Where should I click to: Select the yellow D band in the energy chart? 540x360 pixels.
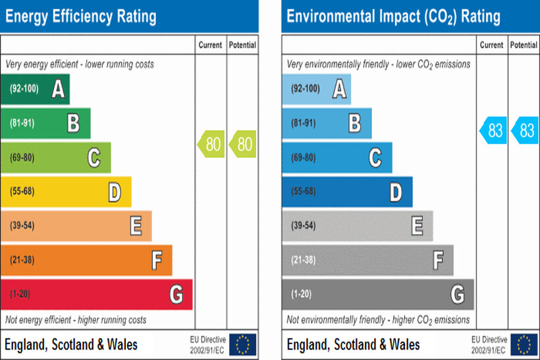pyautogui.click(x=66, y=192)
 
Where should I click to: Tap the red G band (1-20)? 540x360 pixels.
pyautogui.click(x=96, y=294)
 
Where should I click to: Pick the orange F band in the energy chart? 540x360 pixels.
pyautogui.click(x=86, y=260)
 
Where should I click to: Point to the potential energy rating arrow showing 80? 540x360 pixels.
pyautogui.click(x=243, y=143)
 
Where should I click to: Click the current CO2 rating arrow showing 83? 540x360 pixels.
pyautogui.click(x=493, y=130)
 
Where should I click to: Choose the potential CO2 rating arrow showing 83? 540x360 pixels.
pyautogui.click(x=524, y=130)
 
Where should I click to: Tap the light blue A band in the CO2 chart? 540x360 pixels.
pyautogui.click(x=316, y=89)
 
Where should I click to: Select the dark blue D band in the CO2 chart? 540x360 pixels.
pyautogui.click(x=347, y=192)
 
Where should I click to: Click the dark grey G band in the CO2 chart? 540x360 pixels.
pyautogui.click(x=378, y=294)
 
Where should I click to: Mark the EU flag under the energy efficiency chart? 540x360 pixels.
pyautogui.click(x=243, y=344)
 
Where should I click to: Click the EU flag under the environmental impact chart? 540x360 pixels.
pyautogui.click(x=524, y=344)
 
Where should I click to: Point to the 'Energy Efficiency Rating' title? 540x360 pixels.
pyautogui.click(x=81, y=16)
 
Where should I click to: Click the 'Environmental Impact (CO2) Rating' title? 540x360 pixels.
pyautogui.click(x=393, y=16)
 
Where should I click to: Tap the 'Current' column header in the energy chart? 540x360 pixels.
pyautogui.click(x=211, y=45)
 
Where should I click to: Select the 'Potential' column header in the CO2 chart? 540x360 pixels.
pyautogui.click(x=524, y=45)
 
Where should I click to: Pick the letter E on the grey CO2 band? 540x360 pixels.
pyautogui.click(x=417, y=226)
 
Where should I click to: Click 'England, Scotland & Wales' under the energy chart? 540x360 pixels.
pyautogui.click(x=71, y=344)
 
